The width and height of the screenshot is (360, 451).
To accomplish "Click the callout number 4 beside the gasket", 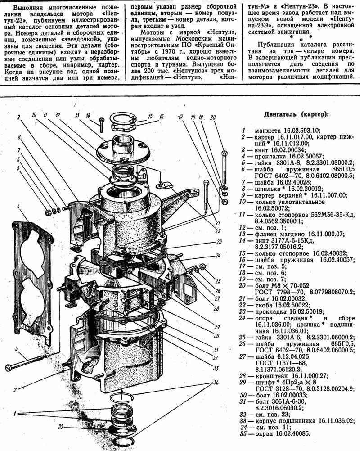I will tap(18, 207).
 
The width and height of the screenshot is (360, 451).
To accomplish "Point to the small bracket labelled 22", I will tap(164, 185).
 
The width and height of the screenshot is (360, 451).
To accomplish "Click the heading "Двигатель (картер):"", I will tap(296, 114).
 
